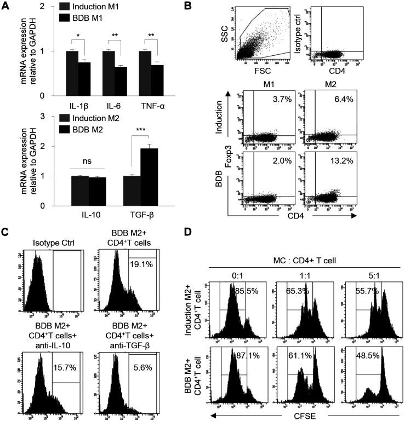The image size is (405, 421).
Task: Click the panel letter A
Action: coord(6,6)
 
